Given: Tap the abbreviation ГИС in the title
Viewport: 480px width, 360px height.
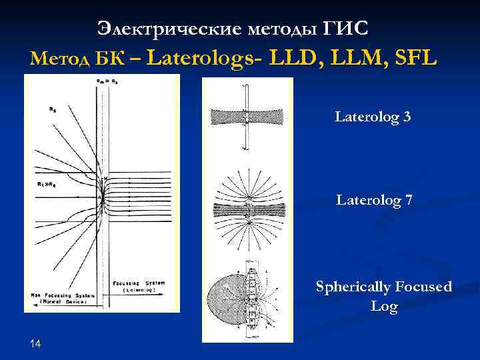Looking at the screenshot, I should [x=345, y=29].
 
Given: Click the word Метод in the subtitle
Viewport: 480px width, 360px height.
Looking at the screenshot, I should [x=57, y=59].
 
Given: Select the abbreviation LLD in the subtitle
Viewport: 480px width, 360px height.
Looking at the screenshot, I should [x=293, y=59].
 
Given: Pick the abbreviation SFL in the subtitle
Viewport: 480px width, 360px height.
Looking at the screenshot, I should [x=415, y=59].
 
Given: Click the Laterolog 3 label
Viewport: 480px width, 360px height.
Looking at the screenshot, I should [x=373, y=118].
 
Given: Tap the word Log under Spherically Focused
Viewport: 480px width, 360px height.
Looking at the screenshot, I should [x=385, y=307].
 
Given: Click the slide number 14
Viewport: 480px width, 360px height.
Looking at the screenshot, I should [x=36, y=343].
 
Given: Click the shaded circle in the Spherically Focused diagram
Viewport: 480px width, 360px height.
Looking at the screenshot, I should [x=225, y=299].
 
